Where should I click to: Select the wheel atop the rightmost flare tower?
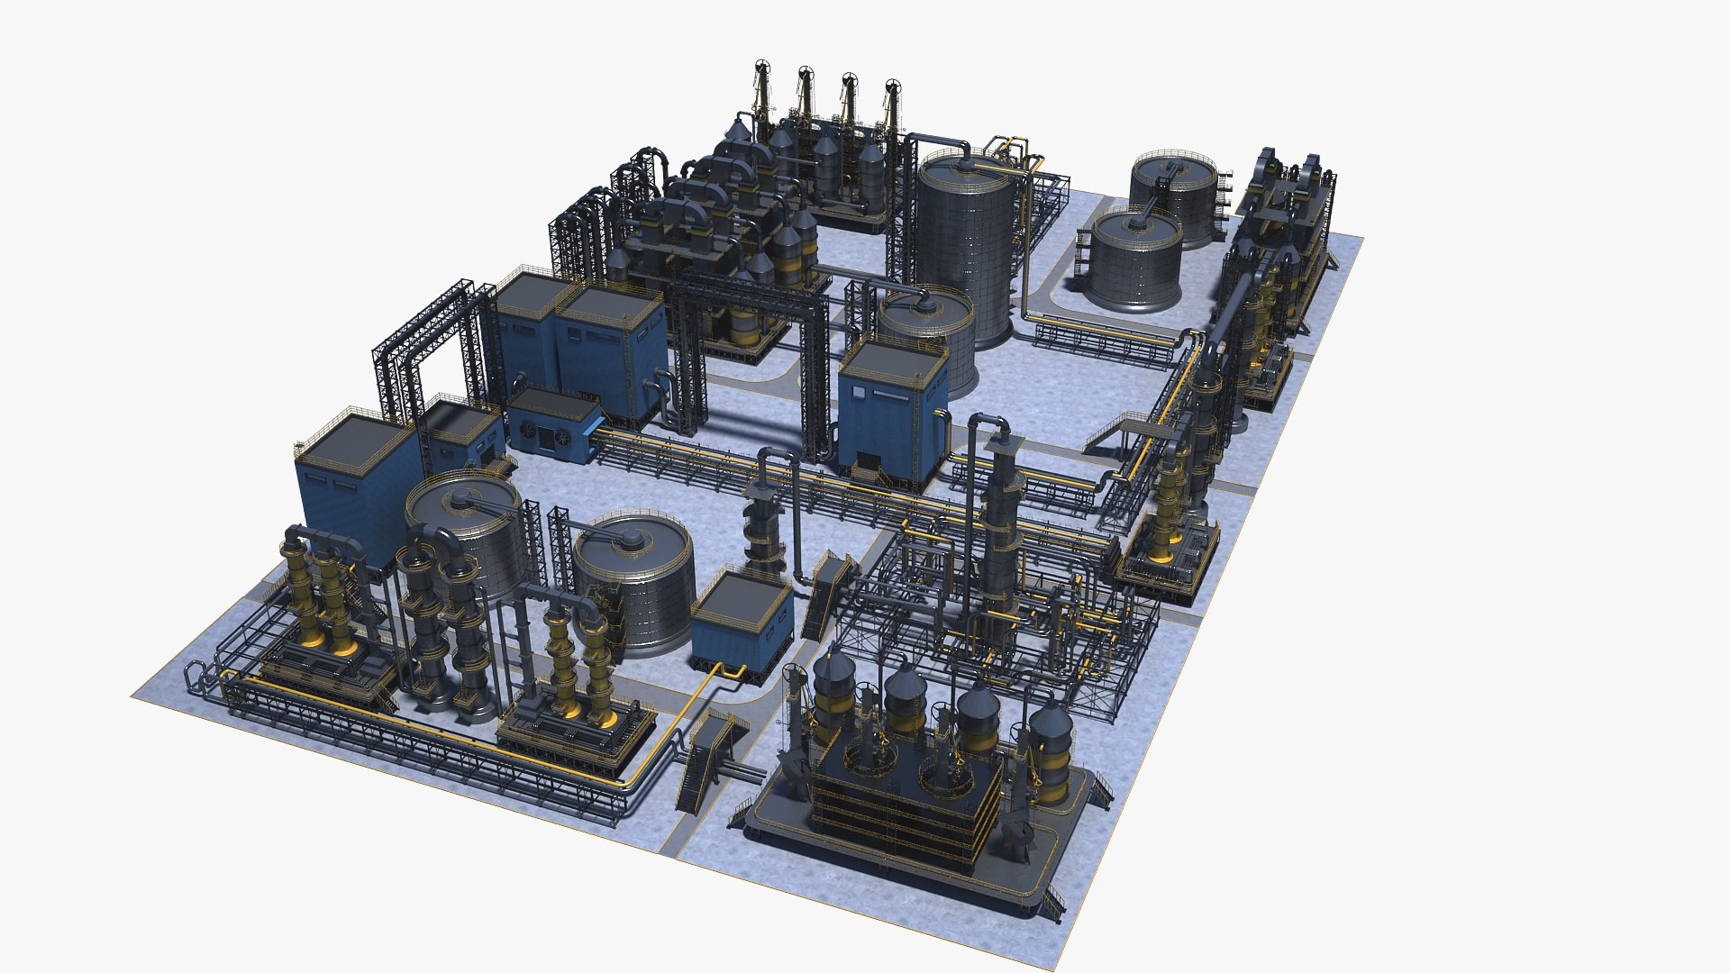(893, 86)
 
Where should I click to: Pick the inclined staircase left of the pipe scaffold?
(830, 595)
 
